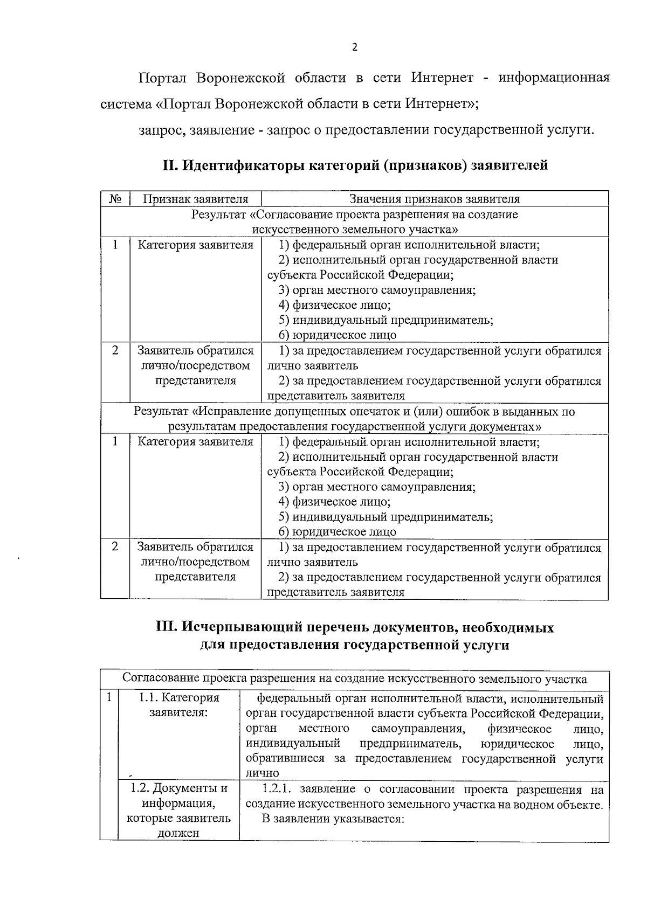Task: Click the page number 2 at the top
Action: (x=354, y=47)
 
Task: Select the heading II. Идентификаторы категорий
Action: (x=355, y=165)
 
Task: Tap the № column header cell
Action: (x=115, y=199)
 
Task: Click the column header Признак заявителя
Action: (x=195, y=199)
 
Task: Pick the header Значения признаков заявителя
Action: (x=435, y=199)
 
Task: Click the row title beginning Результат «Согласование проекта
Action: (x=355, y=221)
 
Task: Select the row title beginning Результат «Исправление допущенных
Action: (x=355, y=419)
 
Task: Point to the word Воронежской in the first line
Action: (x=240, y=78)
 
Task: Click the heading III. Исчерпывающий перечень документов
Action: (x=355, y=636)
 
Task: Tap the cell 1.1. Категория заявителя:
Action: (x=179, y=705)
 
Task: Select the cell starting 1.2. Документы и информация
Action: (x=179, y=811)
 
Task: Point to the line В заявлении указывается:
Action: (x=333, y=819)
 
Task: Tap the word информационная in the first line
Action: (x=554, y=78)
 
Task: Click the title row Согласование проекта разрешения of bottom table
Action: (x=355, y=678)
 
